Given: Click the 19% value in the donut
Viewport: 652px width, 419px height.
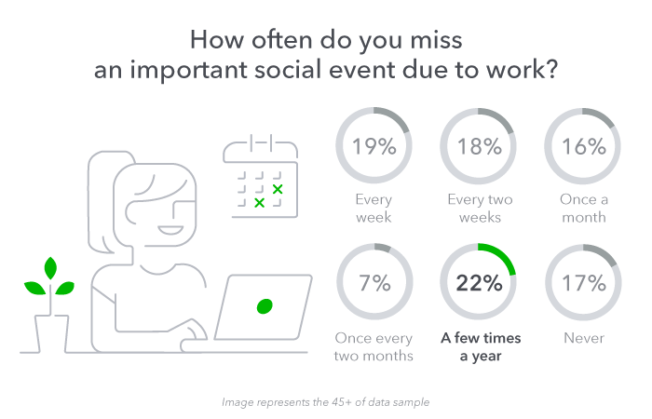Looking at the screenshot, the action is point(374,146).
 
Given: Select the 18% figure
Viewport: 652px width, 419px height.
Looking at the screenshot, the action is point(480,146).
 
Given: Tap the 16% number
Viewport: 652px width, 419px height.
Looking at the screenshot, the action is point(584,146).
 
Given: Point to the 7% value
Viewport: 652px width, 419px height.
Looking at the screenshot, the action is point(374,283).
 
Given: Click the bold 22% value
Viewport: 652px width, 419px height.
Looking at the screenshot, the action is point(479,283).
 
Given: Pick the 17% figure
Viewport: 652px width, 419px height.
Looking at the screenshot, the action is point(584,283).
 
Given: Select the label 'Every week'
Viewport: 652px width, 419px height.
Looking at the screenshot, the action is point(374,209).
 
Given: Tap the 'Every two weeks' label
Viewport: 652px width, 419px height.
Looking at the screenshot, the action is point(480,209).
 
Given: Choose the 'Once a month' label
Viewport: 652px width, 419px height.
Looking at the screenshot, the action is point(584,209).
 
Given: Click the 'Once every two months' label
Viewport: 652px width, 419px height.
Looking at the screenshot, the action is point(374,346).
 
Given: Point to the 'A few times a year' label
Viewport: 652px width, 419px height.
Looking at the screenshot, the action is point(481,346).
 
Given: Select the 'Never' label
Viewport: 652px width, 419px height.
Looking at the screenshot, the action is point(584,338).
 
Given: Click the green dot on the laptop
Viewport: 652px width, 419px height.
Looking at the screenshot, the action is point(265,306).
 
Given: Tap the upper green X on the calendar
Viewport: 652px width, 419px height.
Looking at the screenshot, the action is point(278,189).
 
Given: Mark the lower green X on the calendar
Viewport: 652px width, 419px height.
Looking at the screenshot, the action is point(260,203).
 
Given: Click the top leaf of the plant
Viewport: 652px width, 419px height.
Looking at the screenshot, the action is point(50,268).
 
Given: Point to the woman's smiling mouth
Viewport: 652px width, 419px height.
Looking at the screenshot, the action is point(170,230).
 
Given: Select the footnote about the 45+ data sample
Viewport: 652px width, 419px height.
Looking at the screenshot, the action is point(326,402).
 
